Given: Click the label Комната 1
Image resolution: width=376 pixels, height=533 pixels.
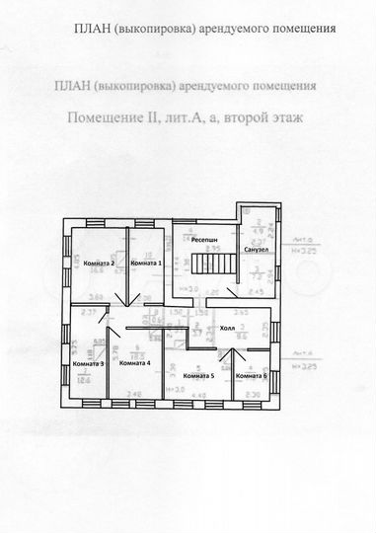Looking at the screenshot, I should tap(146, 265).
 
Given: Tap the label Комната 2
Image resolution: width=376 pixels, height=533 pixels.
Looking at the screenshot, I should tap(100, 265).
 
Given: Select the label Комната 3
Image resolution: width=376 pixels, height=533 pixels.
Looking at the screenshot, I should tap(89, 364).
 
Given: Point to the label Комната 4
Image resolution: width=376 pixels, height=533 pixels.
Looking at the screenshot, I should tap(133, 364).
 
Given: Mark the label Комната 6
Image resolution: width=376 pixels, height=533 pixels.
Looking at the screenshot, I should tap(251, 376).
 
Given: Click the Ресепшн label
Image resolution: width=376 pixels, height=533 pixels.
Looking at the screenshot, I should tap(206, 240).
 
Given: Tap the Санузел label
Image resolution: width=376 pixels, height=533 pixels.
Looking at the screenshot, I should tap(257, 250).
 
